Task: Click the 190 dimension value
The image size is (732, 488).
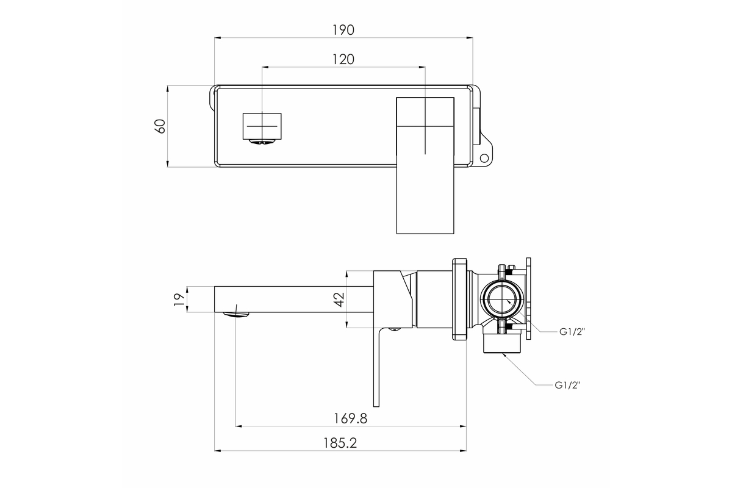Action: (343, 30)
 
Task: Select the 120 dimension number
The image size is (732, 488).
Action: (343, 60)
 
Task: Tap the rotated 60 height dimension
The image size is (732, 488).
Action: (160, 126)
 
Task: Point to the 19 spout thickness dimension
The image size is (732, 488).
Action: (179, 300)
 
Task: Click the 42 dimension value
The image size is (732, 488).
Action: (340, 300)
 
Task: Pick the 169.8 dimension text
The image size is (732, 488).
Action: (350, 418)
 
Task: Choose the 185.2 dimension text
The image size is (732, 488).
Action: (340, 443)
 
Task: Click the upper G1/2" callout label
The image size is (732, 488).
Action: (572, 332)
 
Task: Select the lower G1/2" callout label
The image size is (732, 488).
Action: (567, 386)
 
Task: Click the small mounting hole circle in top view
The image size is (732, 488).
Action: (484, 158)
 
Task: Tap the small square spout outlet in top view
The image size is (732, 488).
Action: (262, 126)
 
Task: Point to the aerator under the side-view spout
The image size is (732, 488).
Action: (236, 315)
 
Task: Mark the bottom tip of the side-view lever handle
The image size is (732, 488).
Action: (376, 407)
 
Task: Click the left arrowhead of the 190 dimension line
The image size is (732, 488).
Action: (218, 38)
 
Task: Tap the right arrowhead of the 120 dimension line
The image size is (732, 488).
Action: (422, 67)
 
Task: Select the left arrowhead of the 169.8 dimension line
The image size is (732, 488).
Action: (239, 426)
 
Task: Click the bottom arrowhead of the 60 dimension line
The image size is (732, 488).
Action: (167, 163)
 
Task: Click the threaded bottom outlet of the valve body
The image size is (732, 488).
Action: (501, 343)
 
